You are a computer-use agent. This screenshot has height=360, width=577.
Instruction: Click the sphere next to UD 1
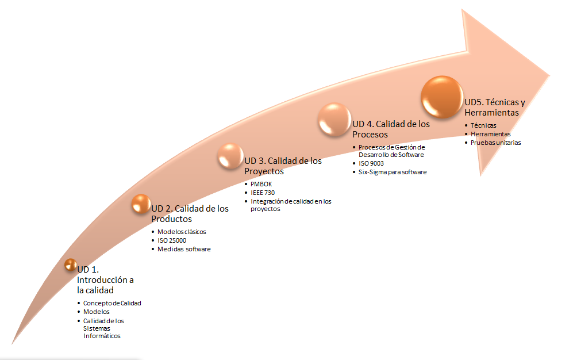coord(71,265)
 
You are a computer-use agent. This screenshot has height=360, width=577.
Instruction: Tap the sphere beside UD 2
coord(141,204)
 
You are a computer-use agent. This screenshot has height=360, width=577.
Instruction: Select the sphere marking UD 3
coord(230,156)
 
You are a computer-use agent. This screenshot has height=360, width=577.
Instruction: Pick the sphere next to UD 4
coord(334,120)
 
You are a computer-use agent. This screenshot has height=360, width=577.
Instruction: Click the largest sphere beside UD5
coord(443,97)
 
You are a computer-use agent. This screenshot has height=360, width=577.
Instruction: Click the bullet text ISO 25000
coord(172,240)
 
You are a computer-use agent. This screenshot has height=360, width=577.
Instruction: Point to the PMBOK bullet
coord(261,184)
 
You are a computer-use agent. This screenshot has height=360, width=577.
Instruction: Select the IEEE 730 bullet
coord(263,193)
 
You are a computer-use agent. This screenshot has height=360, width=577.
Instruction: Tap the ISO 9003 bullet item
coord(371,163)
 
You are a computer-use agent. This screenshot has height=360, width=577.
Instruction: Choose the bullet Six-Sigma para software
coord(393,172)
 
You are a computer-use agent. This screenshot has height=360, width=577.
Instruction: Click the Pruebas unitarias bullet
coord(495,143)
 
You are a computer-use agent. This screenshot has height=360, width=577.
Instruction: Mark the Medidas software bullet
coord(184,249)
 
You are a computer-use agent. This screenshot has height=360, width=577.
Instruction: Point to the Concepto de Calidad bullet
coord(112,303)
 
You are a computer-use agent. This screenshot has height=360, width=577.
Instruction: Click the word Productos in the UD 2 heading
coord(171,219)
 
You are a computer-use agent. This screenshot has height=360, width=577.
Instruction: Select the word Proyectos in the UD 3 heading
coord(264,171)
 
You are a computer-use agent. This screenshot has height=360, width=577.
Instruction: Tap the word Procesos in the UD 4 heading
coord(370,135)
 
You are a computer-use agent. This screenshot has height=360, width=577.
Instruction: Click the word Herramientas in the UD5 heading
coord(491,113)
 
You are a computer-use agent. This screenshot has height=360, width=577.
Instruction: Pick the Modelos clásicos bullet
coord(182,232)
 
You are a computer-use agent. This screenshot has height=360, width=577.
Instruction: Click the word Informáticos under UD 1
coord(102,336)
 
